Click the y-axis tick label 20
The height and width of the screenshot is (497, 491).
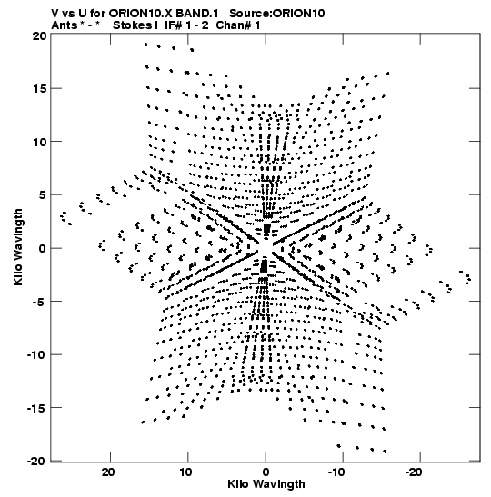tap(39, 35)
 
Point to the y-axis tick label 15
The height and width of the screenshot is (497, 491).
tap(39, 89)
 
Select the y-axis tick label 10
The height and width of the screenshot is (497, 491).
tap(39, 142)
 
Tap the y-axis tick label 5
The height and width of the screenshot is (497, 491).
tap(43, 195)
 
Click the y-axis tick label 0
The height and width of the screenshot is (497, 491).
tap(43, 248)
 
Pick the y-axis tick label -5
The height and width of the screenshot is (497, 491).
tap(39, 302)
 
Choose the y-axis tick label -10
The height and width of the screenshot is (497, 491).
tap(35, 354)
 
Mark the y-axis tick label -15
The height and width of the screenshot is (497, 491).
tap(35, 408)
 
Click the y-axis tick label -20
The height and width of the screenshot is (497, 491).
tap(35, 461)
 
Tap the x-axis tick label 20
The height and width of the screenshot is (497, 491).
tap(108, 472)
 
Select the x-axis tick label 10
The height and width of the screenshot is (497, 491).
tap(185, 472)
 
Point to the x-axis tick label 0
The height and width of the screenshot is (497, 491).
tap(266, 472)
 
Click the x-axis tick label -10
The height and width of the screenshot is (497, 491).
tap(336, 472)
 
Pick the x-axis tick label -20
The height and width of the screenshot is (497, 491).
tap(414, 472)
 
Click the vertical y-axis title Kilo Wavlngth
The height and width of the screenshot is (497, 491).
tap(18, 247)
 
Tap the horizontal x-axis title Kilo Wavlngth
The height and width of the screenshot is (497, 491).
tap(266, 484)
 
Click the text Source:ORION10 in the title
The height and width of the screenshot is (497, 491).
tap(277, 14)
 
